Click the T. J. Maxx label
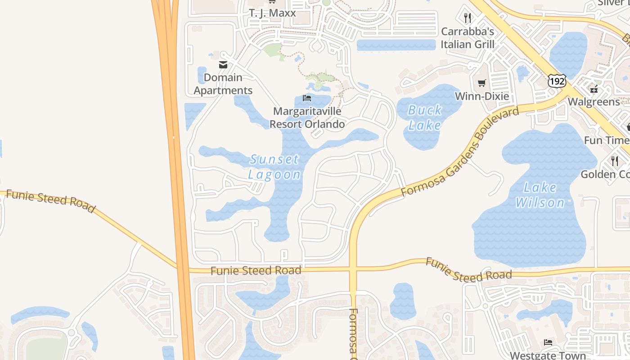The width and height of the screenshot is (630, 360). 273,13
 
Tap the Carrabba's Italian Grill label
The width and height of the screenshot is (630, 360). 468,38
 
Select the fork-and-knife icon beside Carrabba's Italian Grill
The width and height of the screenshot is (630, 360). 468,18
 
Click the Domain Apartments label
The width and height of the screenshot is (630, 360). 223,84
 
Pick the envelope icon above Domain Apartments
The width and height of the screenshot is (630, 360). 223,65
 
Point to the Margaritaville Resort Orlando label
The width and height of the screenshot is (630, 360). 307,117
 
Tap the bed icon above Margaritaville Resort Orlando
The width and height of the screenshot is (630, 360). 307,98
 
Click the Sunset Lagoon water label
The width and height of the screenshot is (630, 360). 274,167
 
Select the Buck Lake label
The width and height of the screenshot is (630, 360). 425,117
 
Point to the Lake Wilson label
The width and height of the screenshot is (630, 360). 540,195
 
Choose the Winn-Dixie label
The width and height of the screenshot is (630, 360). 482,96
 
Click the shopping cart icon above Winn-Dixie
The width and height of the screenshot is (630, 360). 482,83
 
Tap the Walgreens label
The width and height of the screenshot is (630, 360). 594,102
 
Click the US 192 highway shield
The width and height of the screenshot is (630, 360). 557,81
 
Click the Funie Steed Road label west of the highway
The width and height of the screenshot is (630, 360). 50,201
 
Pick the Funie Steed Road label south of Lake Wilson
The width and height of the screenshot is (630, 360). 468,270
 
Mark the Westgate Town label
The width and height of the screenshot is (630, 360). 548,355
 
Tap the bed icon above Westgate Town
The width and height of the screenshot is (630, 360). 548,342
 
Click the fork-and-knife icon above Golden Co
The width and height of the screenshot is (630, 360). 614,160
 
